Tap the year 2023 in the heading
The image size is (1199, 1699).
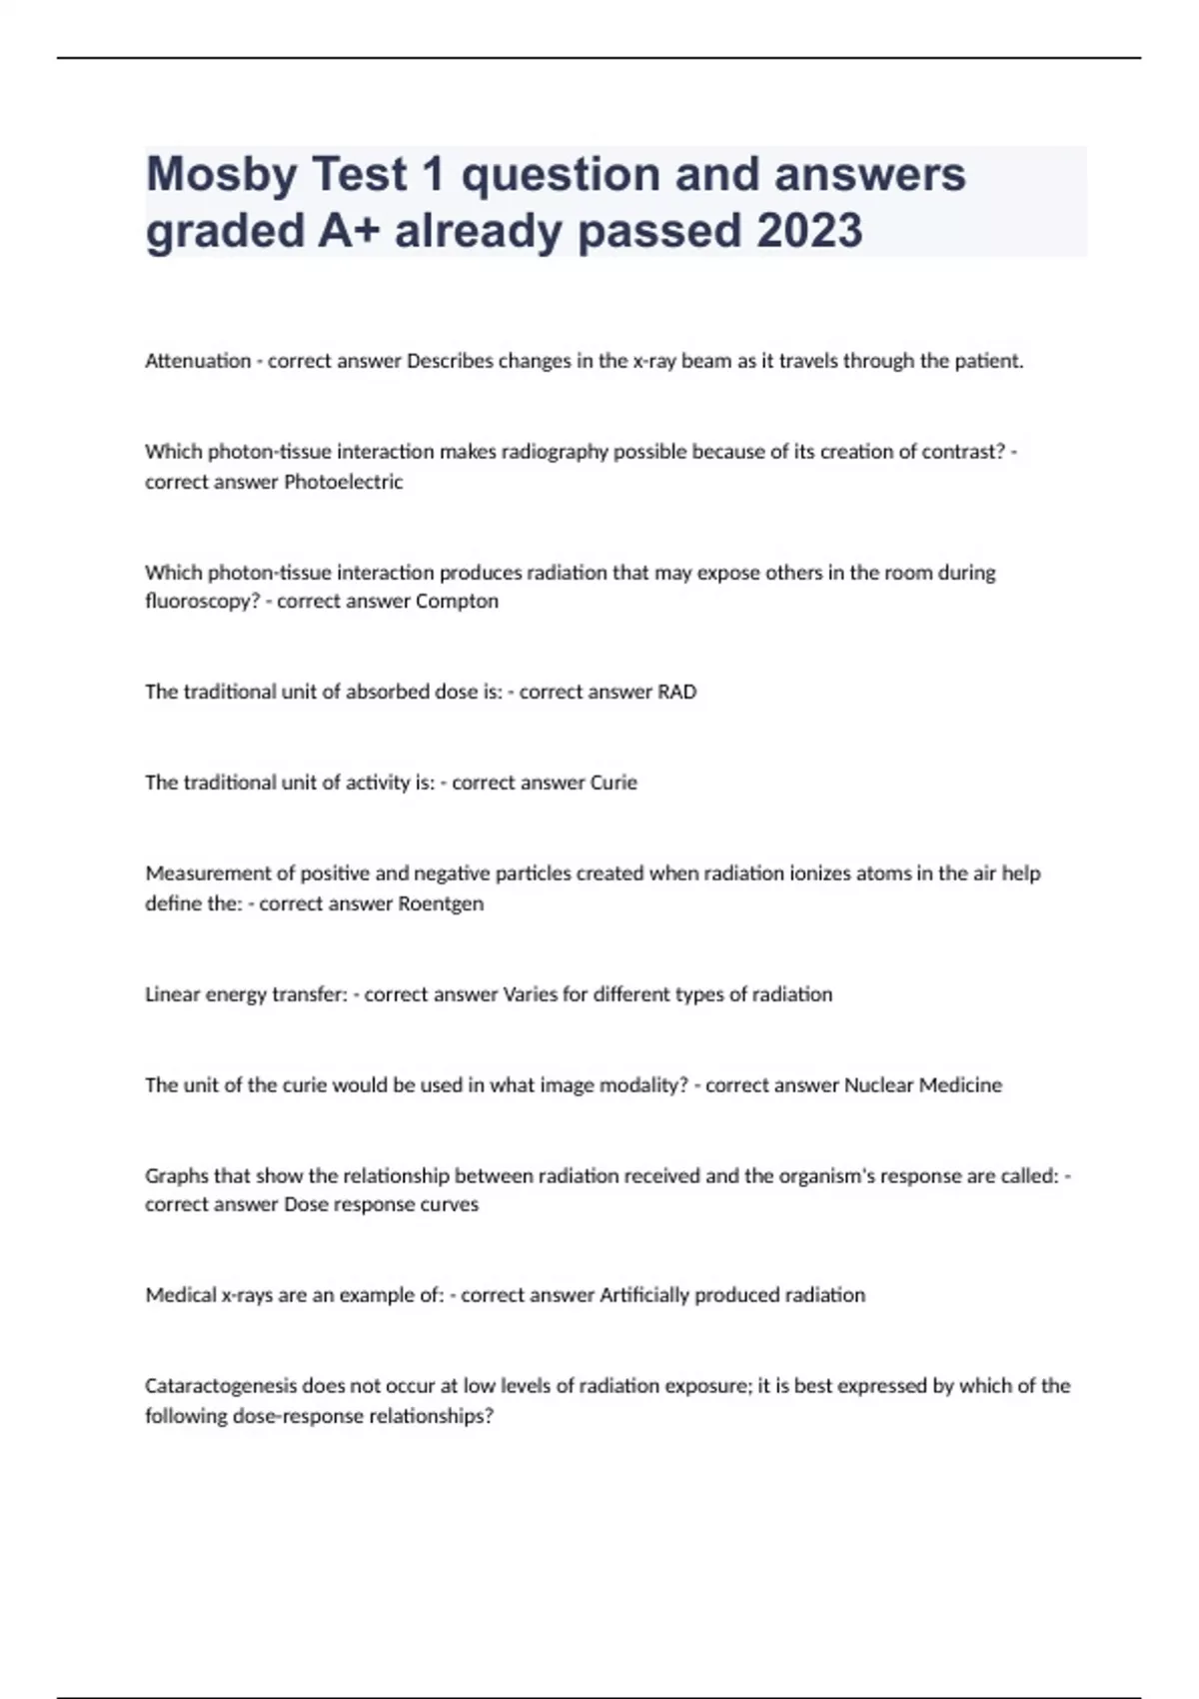(x=809, y=231)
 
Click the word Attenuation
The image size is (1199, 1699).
(x=198, y=361)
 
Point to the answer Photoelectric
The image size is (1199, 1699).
(x=344, y=482)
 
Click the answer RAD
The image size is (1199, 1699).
(x=676, y=692)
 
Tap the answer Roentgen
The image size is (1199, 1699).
(x=441, y=903)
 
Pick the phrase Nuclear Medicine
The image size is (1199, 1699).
(x=923, y=1085)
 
